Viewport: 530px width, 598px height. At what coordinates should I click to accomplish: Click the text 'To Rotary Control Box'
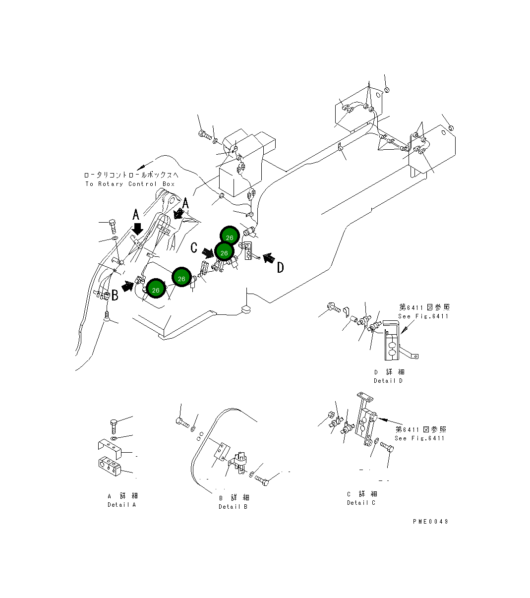click(130, 184)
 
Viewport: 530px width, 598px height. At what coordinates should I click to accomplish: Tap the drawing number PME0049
click(430, 521)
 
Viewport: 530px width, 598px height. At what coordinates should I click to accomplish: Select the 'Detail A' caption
click(121, 504)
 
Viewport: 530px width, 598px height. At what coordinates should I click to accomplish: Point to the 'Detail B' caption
click(233, 506)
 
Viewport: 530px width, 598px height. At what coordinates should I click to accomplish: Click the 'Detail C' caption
click(361, 502)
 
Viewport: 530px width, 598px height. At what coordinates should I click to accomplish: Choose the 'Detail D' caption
click(388, 380)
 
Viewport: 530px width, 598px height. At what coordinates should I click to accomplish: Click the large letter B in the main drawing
click(115, 296)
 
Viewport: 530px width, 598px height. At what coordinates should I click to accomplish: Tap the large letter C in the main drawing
click(194, 247)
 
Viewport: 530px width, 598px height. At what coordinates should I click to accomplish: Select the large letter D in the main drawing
click(280, 268)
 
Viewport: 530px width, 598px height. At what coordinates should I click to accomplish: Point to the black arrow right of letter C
click(208, 253)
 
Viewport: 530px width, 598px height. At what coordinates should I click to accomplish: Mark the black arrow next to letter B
click(128, 286)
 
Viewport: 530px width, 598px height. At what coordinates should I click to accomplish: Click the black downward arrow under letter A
click(137, 229)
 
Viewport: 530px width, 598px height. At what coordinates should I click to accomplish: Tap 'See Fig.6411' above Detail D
click(423, 316)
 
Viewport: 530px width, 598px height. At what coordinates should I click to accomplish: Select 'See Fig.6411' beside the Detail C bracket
click(420, 438)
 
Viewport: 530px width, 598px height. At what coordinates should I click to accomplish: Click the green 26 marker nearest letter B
click(156, 290)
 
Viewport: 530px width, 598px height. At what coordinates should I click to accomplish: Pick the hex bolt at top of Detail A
click(114, 426)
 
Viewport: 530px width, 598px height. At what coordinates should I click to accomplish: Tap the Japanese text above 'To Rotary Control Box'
click(130, 175)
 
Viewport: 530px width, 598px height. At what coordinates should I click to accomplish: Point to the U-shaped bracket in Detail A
click(109, 448)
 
